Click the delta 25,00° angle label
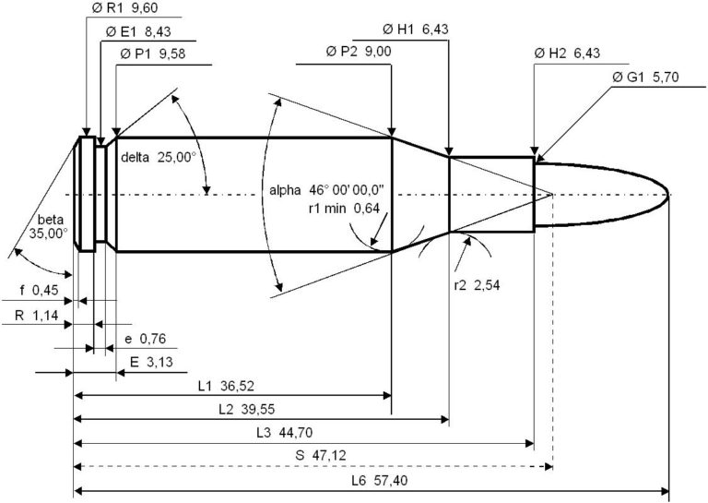159,157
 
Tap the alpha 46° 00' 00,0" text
327,190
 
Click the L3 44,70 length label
277,434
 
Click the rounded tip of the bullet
667,194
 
